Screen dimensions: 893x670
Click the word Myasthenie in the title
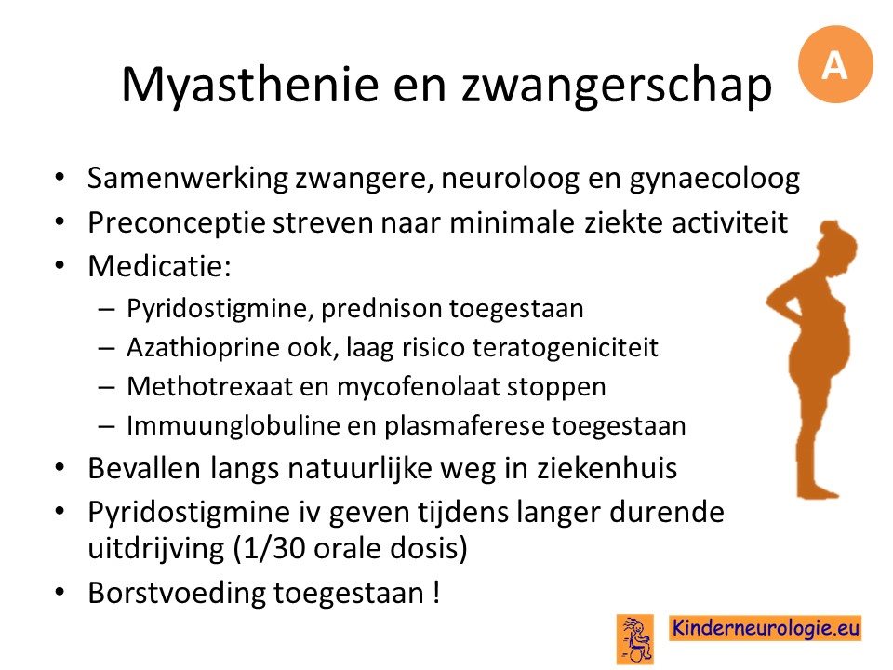pos(250,86)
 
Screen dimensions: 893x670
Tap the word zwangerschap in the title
pos(616,86)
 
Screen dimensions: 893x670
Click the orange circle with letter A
pos(835,64)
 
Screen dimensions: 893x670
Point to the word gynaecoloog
pos(714,179)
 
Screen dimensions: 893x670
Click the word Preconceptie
pos(177,222)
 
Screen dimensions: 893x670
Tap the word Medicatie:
pos(159,265)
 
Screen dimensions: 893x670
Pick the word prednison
pos(381,309)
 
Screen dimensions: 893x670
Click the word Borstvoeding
pos(177,593)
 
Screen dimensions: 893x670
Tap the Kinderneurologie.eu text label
pos(765,628)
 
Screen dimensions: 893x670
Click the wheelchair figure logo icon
pos(635,638)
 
